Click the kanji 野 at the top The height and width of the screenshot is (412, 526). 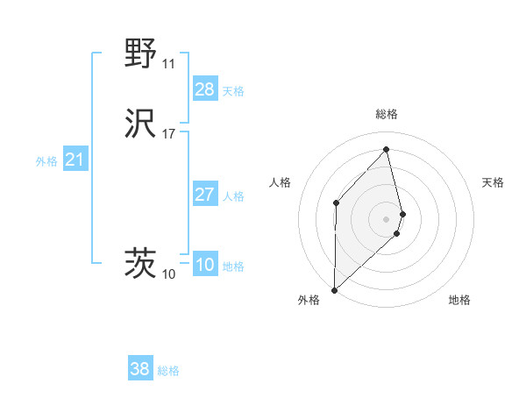click(x=141, y=53)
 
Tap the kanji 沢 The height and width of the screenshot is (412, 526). click(x=141, y=124)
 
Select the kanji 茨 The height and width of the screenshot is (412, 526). click(x=141, y=264)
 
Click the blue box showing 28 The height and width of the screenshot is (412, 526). click(x=205, y=89)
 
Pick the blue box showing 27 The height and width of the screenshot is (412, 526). click(x=205, y=195)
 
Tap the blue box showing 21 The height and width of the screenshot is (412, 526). click(x=75, y=160)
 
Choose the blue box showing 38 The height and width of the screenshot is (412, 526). click(x=140, y=369)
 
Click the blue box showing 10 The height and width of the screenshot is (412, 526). click(x=205, y=265)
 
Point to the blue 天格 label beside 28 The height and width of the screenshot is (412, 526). click(x=233, y=91)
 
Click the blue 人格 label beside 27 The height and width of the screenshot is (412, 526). click(x=233, y=196)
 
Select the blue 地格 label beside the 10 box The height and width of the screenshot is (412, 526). click(x=233, y=266)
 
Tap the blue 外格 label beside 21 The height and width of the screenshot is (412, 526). click(x=46, y=161)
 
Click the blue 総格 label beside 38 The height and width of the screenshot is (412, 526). click(x=168, y=371)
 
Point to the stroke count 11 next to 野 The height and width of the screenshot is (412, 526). click(x=168, y=64)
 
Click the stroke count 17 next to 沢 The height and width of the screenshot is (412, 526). click(x=168, y=134)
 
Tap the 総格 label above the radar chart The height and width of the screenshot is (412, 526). click(x=387, y=114)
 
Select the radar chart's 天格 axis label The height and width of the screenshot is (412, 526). click(x=493, y=182)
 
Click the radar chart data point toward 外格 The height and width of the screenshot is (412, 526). click(x=334, y=289)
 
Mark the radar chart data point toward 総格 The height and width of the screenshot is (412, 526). click(x=387, y=150)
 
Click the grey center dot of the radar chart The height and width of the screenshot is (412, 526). click(x=387, y=217)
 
